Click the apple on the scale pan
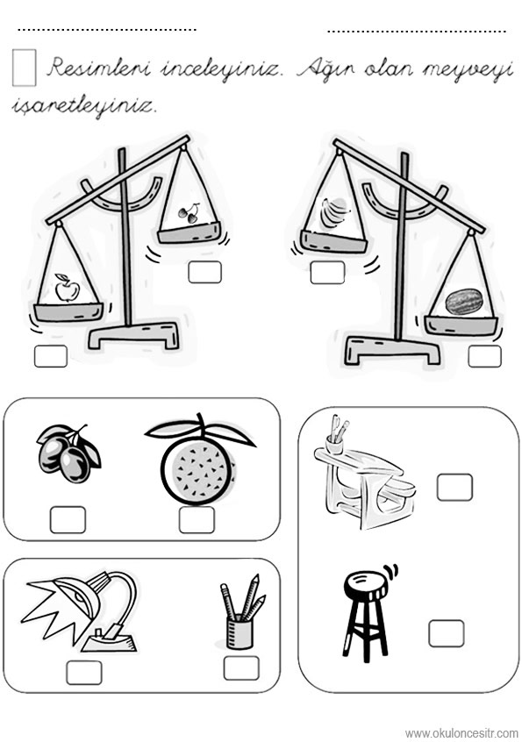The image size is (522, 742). [x=67, y=288]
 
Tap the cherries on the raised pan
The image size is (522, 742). [x=189, y=212]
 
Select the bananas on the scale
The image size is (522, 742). [x=334, y=212]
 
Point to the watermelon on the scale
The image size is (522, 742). [x=465, y=302]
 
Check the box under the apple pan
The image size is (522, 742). [x=51, y=356]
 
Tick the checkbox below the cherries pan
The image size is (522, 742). [x=205, y=272]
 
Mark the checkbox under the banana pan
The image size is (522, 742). [x=327, y=273]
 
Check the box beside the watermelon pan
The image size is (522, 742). [x=484, y=356]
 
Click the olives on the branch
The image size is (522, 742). [x=68, y=453]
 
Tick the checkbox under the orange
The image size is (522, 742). [x=197, y=519]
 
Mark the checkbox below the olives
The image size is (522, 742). [x=68, y=519]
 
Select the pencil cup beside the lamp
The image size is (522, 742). [x=242, y=612]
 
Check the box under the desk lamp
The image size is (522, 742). [x=83, y=673]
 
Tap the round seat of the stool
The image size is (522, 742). [x=364, y=583]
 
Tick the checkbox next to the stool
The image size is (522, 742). [x=447, y=633]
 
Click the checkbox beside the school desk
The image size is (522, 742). [x=454, y=487]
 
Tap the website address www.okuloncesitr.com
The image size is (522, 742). [x=461, y=733]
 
